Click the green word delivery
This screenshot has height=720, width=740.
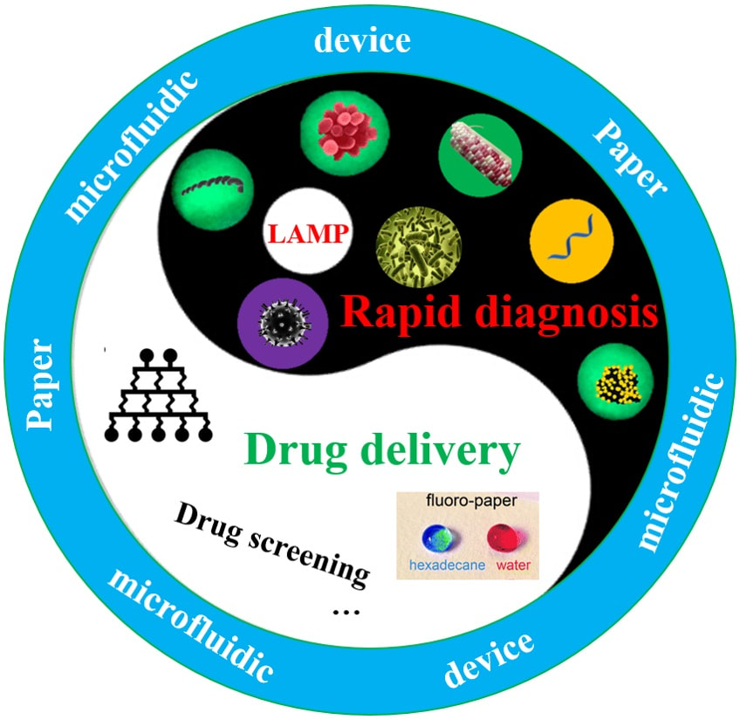point(435,451)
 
